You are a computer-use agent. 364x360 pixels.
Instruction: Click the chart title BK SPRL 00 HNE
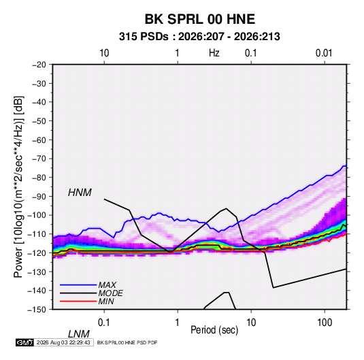(199, 19)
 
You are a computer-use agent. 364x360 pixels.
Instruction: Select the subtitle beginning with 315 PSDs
(199, 37)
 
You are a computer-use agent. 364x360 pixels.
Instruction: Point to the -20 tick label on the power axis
(39, 65)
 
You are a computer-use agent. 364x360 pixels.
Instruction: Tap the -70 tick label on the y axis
(39, 159)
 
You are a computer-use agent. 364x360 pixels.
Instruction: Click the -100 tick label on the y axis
(37, 215)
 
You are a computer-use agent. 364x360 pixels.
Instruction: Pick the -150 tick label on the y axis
(37, 310)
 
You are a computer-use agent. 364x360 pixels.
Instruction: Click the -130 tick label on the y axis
(37, 272)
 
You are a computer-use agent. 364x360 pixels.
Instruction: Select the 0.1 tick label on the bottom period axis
(104, 323)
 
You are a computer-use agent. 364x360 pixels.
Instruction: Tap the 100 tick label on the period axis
(325, 323)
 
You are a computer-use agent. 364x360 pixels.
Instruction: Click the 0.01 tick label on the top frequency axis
(324, 53)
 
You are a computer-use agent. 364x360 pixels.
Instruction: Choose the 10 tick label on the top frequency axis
(104, 53)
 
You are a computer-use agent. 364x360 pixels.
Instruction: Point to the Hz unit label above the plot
(214, 53)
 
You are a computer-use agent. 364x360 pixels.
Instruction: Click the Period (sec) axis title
(214, 330)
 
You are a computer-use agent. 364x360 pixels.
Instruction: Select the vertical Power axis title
(18, 187)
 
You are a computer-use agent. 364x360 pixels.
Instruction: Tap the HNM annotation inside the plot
(80, 193)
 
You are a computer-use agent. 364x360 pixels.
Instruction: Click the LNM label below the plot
(79, 334)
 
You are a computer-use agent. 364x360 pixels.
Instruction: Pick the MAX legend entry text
(107, 285)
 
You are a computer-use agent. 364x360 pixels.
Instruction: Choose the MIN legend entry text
(106, 301)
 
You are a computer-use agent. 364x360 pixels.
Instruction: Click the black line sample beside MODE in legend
(78, 293)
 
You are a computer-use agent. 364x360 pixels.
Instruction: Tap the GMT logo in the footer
(25, 342)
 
